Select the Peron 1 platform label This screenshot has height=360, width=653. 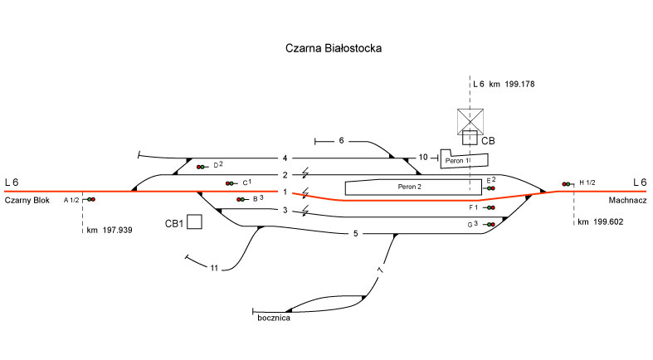pos(457,160)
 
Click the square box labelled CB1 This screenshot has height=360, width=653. pos(195,222)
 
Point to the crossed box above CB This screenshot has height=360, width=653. pos(470,121)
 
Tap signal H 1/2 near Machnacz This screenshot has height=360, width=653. pos(568,183)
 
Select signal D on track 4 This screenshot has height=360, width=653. pos(201,168)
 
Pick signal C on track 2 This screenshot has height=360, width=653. pos(230,183)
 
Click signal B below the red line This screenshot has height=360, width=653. pos(241,199)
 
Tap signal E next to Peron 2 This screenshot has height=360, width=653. pos(491,188)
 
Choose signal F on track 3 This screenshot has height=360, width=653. pos(490,208)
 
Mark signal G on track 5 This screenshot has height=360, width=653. pos(490,225)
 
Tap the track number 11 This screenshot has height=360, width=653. pos(214,268)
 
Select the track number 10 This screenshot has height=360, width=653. pos(423,157)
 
